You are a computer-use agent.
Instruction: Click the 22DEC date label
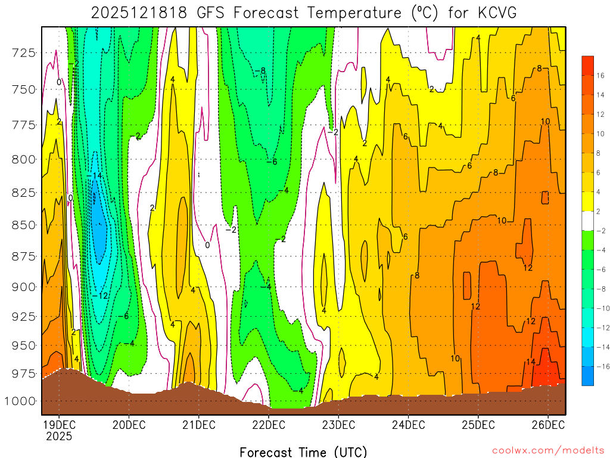click(x=268, y=425)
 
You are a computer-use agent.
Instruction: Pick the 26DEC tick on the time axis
click(x=548, y=425)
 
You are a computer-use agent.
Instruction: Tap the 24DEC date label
click(x=408, y=425)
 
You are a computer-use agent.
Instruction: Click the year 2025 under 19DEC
click(x=58, y=437)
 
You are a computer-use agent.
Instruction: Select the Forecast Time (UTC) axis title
click(x=303, y=451)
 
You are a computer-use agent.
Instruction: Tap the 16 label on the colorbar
click(x=600, y=76)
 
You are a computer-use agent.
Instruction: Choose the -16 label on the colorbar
click(x=602, y=366)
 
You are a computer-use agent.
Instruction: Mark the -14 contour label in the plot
click(x=94, y=176)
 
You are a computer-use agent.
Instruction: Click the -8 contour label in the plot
click(x=260, y=71)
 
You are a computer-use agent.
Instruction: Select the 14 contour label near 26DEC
click(x=530, y=362)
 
